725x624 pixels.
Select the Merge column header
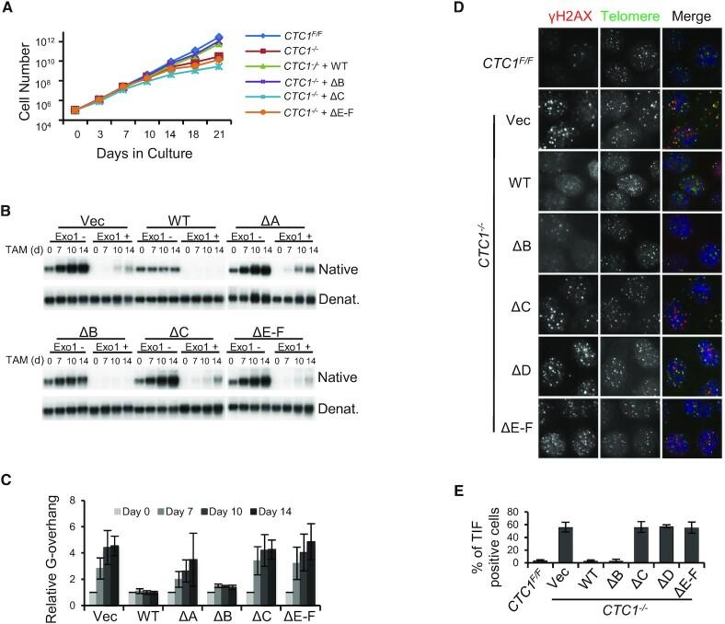(x=693, y=17)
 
